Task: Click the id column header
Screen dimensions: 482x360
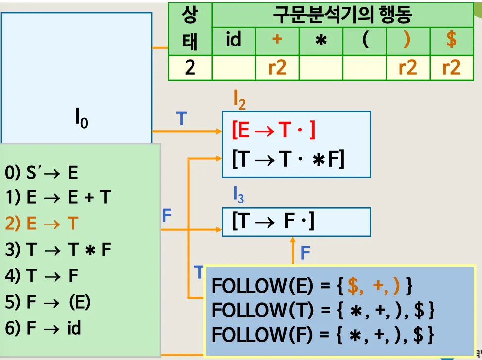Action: point(233,39)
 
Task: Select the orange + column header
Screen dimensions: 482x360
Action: point(277,39)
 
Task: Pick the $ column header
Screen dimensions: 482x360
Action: point(451,40)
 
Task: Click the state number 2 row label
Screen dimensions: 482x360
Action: point(190,67)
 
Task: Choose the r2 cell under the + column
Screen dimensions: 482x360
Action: point(277,67)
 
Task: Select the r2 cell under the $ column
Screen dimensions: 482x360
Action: point(451,67)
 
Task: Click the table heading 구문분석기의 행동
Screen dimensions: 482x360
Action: point(342,15)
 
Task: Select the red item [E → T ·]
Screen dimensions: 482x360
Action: point(273,131)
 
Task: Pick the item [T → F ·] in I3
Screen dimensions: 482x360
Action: point(273,222)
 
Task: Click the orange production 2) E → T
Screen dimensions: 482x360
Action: point(42,224)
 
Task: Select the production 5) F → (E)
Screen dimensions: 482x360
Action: point(48,302)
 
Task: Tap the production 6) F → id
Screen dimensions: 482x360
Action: point(43,327)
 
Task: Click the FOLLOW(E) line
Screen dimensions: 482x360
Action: point(312,286)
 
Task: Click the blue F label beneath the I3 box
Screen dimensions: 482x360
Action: point(305,254)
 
